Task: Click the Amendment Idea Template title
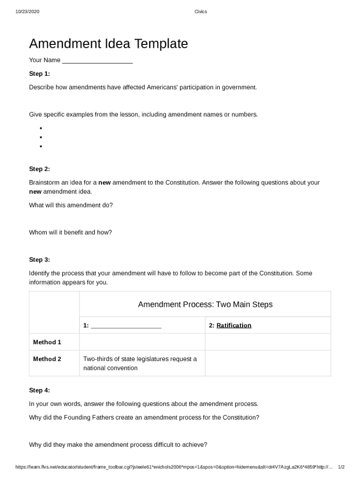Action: (x=108, y=44)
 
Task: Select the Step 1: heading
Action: (x=39, y=73)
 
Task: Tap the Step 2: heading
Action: (x=39, y=169)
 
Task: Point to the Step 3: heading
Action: (x=39, y=260)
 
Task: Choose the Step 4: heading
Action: (x=39, y=390)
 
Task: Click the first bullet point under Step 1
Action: (x=41, y=128)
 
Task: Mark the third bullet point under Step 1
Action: (x=41, y=146)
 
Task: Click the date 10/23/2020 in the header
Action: (x=27, y=12)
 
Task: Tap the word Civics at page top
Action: (x=201, y=12)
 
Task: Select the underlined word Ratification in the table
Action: (x=234, y=325)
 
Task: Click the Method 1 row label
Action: (x=47, y=342)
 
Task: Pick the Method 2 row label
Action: (x=47, y=359)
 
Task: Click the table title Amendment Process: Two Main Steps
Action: (x=205, y=305)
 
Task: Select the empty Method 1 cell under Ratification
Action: (x=267, y=342)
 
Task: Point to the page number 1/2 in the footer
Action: (x=341, y=467)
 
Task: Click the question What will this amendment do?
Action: (x=71, y=205)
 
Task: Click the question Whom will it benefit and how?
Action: (x=70, y=232)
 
